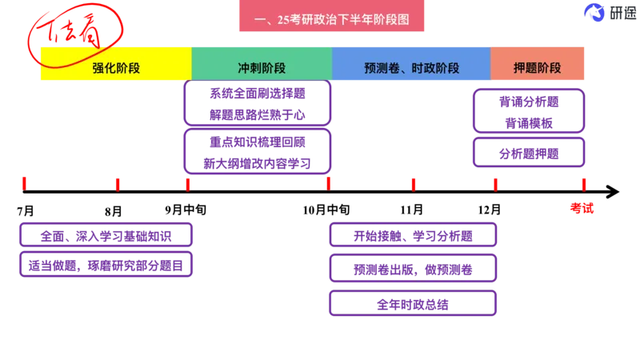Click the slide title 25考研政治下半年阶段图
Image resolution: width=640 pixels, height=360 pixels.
(x=332, y=20)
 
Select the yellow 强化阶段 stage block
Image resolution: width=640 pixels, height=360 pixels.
(x=115, y=68)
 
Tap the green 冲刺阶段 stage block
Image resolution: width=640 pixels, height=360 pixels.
(x=262, y=68)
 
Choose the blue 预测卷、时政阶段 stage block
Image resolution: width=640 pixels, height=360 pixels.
(x=411, y=68)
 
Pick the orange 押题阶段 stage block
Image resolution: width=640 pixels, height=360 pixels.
(x=538, y=68)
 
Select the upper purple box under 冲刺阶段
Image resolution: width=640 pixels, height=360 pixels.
(x=257, y=103)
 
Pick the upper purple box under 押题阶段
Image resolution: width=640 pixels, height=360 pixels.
(x=530, y=111)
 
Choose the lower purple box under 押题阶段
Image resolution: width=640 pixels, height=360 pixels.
(x=530, y=153)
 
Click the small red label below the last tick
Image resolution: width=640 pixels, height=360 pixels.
(x=582, y=207)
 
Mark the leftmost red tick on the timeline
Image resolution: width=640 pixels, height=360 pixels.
(x=23, y=183)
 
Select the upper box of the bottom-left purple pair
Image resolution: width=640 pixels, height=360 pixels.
(x=105, y=235)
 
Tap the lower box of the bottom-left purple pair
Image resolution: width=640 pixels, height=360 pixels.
(x=105, y=264)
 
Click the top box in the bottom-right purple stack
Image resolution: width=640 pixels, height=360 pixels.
(x=413, y=236)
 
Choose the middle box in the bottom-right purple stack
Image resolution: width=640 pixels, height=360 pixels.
(x=413, y=268)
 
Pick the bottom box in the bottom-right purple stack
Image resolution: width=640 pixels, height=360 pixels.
(x=413, y=302)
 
